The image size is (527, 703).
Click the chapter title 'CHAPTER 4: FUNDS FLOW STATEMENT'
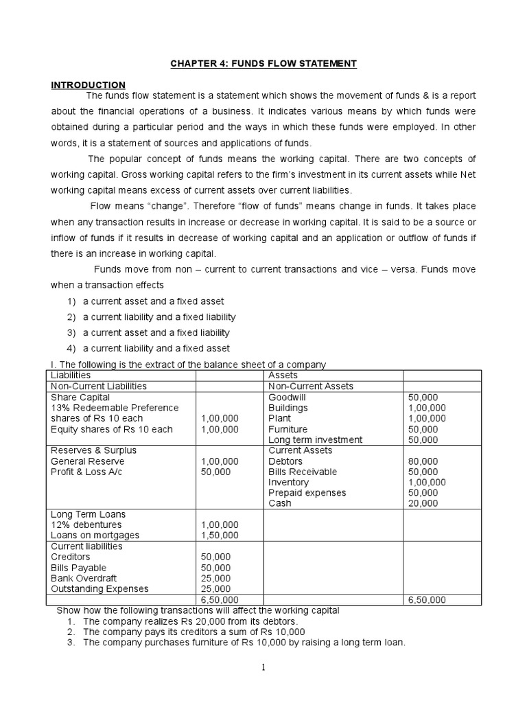coord(263,64)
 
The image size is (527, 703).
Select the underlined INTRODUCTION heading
coord(89,84)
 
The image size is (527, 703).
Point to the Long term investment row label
coord(315,439)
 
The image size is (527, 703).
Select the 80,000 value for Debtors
coord(423,461)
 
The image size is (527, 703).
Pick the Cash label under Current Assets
coord(280,503)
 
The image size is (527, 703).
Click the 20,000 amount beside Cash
coord(423,503)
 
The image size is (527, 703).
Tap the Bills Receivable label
coord(303,472)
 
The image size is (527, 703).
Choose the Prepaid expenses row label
coord(307,493)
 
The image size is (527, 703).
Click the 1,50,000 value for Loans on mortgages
coord(220,535)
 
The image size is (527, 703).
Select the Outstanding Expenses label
coord(99,588)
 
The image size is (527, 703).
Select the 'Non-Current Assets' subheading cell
coord(311,387)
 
